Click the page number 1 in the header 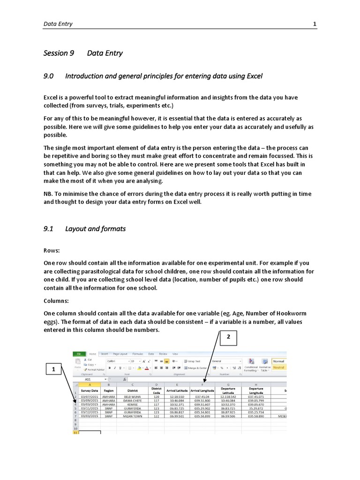pos(315,24)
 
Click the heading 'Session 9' pos(59,53)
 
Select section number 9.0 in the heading pos(49,76)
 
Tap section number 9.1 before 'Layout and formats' pos(49,229)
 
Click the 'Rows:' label pos(52,251)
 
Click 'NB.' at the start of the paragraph pos(49,194)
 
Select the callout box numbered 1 pos(54,369)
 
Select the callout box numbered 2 pos(228,337)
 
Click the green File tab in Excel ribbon pos(79,354)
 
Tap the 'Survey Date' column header pos(90,390)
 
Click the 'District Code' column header pos(156,390)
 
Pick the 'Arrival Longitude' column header pos(202,390)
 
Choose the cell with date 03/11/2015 pos(89,408)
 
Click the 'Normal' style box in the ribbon pos(278,361)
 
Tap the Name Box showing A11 pos(89,380)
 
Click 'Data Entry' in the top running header pos(58,24)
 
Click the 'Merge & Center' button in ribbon pos(197,368)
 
